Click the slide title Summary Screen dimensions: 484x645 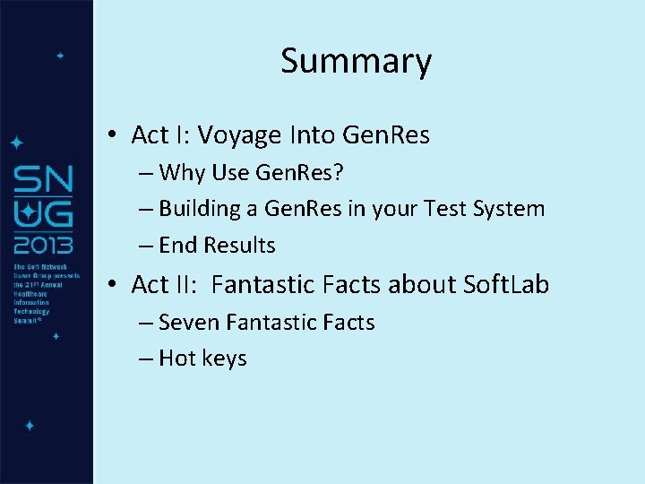356,61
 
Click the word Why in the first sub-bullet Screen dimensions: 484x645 182,172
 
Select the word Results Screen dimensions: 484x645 239,245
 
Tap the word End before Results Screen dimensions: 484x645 177,245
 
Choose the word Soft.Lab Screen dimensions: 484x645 506,285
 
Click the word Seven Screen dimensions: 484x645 189,322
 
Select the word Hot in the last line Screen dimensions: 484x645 177,359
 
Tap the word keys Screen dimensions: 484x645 224,359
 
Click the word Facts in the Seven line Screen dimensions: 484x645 345,322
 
